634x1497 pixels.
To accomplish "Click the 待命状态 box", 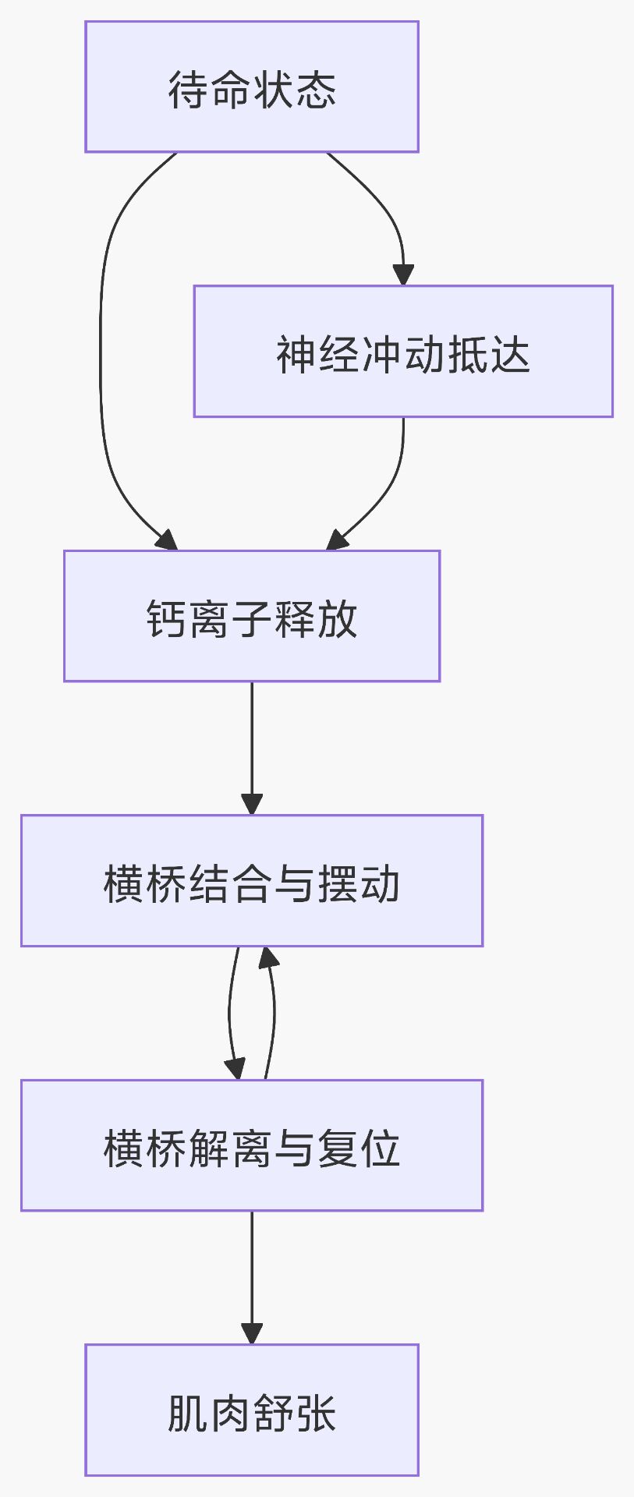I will coord(251,87).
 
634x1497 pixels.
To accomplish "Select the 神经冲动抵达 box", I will coord(403,351).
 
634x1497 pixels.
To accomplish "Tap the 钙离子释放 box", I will coord(251,616).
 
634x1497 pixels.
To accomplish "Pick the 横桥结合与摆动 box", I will coord(251,880).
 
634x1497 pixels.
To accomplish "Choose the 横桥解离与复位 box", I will coord(251,1145).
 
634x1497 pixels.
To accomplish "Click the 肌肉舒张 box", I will coord(251,1410).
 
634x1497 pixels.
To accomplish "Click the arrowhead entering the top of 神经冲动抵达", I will coord(403,275).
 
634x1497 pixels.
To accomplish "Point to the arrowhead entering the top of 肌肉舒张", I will coord(251,1333).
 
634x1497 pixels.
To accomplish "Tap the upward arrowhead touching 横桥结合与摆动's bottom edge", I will coord(268,957).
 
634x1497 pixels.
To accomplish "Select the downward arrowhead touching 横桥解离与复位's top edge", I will coord(235,1069).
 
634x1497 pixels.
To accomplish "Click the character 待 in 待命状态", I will coord(188,90).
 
